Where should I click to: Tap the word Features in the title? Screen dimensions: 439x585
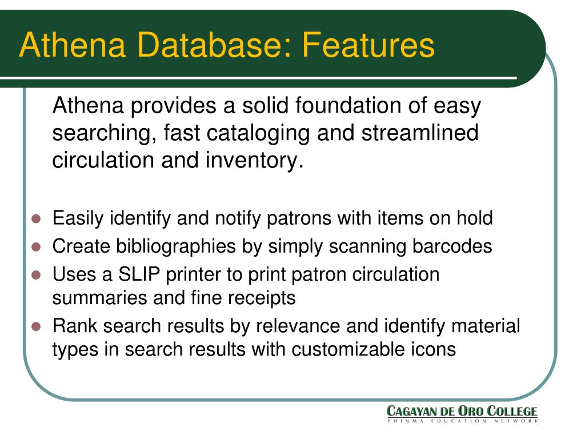point(368,45)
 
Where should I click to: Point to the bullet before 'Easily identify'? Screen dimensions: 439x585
point(37,219)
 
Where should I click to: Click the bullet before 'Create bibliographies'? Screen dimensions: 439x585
point(37,247)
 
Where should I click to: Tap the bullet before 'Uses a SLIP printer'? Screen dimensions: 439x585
point(37,275)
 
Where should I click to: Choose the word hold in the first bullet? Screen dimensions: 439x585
point(474,218)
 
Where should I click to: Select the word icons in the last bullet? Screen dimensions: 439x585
point(436,349)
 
